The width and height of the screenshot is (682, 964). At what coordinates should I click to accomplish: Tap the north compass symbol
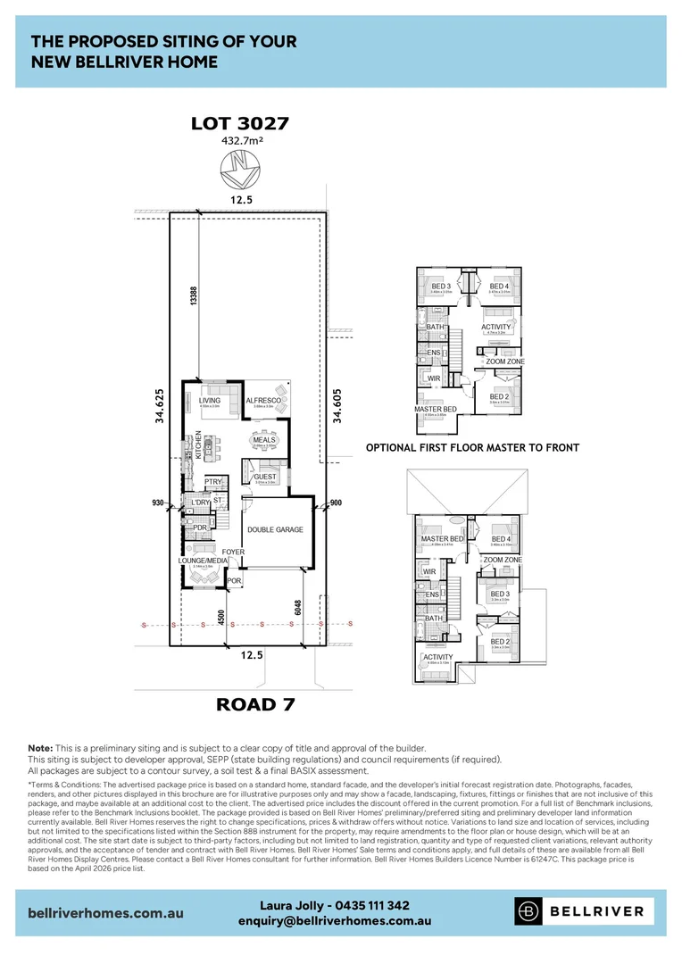point(240,167)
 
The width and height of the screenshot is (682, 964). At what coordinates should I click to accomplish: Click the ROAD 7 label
point(256,705)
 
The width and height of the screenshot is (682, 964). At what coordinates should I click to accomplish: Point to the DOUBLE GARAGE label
point(275,529)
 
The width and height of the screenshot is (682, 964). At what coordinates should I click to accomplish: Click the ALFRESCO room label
point(263,402)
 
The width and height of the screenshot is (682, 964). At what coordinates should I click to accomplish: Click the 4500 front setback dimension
point(220,619)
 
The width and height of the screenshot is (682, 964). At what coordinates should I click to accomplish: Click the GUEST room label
point(265,477)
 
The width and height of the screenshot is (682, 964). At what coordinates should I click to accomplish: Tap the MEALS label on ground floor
point(263,440)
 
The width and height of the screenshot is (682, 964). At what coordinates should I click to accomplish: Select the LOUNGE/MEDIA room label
point(203,561)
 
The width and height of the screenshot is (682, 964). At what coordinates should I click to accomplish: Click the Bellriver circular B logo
point(530,910)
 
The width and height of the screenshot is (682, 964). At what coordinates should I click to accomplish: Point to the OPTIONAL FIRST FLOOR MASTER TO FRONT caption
point(472,447)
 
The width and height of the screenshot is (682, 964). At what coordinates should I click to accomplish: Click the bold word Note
point(40,747)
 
